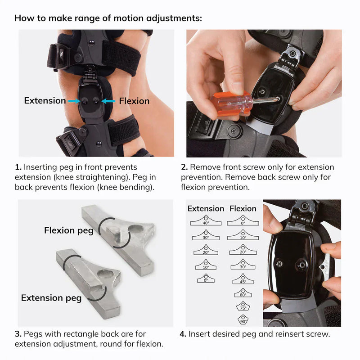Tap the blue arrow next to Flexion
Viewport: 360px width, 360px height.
[x=108, y=101]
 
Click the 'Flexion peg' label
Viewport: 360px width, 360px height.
[x=69, y=231]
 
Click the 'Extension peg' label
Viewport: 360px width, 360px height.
[x=51, y=297]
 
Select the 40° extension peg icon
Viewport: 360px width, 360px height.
[x=205, y=220]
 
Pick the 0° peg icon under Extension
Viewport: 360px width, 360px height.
[x=205, y=279]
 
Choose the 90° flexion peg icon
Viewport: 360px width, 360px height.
[x=243, y=320]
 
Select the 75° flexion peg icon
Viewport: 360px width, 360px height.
[x=243, y=306]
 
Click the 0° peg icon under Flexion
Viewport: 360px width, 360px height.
[x=243, y=220]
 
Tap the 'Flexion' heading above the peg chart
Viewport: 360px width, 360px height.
[x=243, y=208]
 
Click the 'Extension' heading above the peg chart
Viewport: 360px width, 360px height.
[x=206, y=208]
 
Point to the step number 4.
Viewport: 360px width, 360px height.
[x=183, y=334]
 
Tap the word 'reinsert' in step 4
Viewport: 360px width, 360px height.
[x=291, y=334]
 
